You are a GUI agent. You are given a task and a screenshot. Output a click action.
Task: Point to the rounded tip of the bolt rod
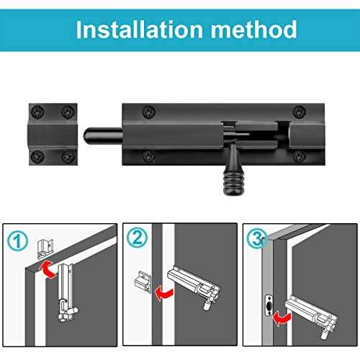tap(89, 135)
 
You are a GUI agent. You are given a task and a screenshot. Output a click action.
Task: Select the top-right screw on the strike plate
tap(68, 111)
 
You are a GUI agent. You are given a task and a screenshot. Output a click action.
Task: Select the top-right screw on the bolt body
tap(297, 110)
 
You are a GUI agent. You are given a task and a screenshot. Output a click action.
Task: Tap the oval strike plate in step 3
tap(268, 307)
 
